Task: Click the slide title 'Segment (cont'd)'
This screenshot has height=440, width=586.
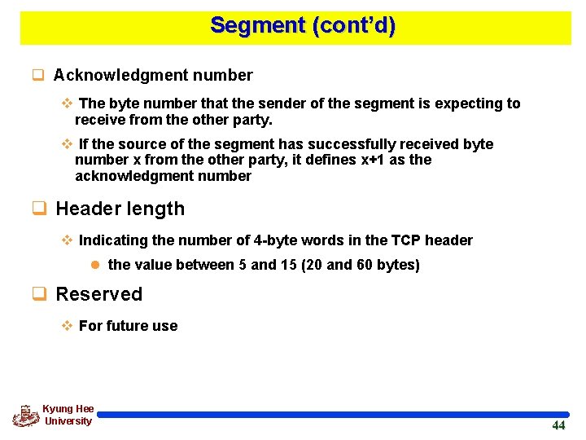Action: click(303, 25)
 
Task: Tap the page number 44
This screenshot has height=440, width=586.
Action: click(558, 425)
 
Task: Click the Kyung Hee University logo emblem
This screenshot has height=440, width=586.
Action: click(26, 416)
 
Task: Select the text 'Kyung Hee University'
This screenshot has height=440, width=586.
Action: click(68, 415)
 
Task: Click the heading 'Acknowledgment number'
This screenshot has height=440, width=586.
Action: click(153, 76)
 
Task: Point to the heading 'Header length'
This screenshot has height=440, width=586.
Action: click(120, 209)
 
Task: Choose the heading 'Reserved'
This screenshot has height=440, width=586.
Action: click(98, 294)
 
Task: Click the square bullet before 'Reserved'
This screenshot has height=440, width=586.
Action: click(37, 294)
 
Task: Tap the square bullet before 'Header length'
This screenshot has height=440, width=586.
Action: click(37, 209)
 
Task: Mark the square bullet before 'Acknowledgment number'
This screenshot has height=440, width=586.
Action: click(37, 76)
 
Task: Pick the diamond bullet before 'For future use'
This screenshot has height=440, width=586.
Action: click(68, 326)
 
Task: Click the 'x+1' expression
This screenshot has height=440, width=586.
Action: click(374, 160)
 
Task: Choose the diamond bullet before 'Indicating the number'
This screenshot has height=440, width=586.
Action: click(68, 240)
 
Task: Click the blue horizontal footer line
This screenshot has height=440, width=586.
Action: click(334, 415)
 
